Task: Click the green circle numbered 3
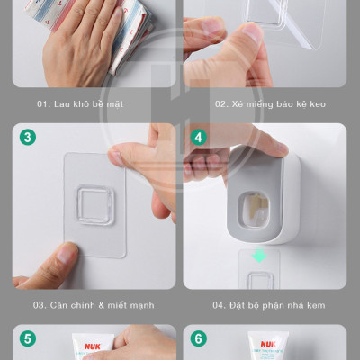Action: (x=28, y=138)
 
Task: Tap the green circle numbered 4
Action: (x=199, y=138)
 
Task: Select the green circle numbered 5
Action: (x=28, y=338)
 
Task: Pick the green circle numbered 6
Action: (x=199, y=338)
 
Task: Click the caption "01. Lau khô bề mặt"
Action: (x=80, y=104)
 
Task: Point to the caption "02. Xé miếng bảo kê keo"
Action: (x=270, y=104)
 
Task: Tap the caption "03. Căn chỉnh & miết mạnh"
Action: (x=94, y=305)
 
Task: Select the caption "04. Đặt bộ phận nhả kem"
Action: (x=269, y=305)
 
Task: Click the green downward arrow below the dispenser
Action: (x=259, y=255)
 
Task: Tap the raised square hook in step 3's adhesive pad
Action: (x=94, y=205)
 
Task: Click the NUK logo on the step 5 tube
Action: (x=93, y=346)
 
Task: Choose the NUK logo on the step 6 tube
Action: (x=268, y=344)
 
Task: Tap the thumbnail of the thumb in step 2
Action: (x=252, y=32)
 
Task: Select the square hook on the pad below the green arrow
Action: (x=260, y=281)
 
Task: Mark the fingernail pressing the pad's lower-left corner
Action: (x=66, y=253)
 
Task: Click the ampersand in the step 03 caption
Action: (x=102, y=305)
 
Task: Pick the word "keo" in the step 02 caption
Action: (x=318, y=104)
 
